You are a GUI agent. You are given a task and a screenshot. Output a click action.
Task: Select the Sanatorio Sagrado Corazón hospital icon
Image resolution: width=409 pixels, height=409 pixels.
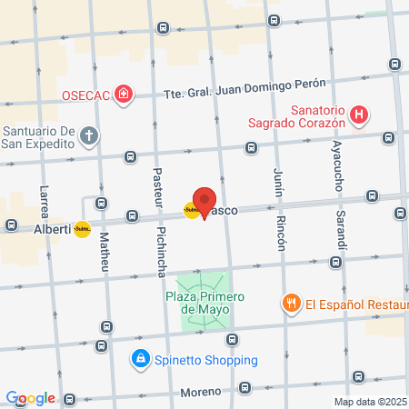[x=361, y=115]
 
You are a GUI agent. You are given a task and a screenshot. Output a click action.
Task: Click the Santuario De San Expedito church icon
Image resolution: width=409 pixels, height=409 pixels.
[x=88, y=136]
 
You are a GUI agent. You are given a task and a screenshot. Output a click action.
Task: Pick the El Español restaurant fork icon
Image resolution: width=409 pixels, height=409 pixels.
[x=291, y=304]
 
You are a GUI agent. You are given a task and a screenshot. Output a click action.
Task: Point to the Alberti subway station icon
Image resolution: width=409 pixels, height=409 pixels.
[x=83, y=230]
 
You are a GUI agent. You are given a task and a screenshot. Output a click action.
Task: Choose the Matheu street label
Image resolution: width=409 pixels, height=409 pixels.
[x=104, y=254]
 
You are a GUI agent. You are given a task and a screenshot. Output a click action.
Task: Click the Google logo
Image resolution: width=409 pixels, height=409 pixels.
[x=30, y=397]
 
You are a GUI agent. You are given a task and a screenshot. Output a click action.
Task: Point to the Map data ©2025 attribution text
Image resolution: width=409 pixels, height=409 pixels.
[x=371, y=401]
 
